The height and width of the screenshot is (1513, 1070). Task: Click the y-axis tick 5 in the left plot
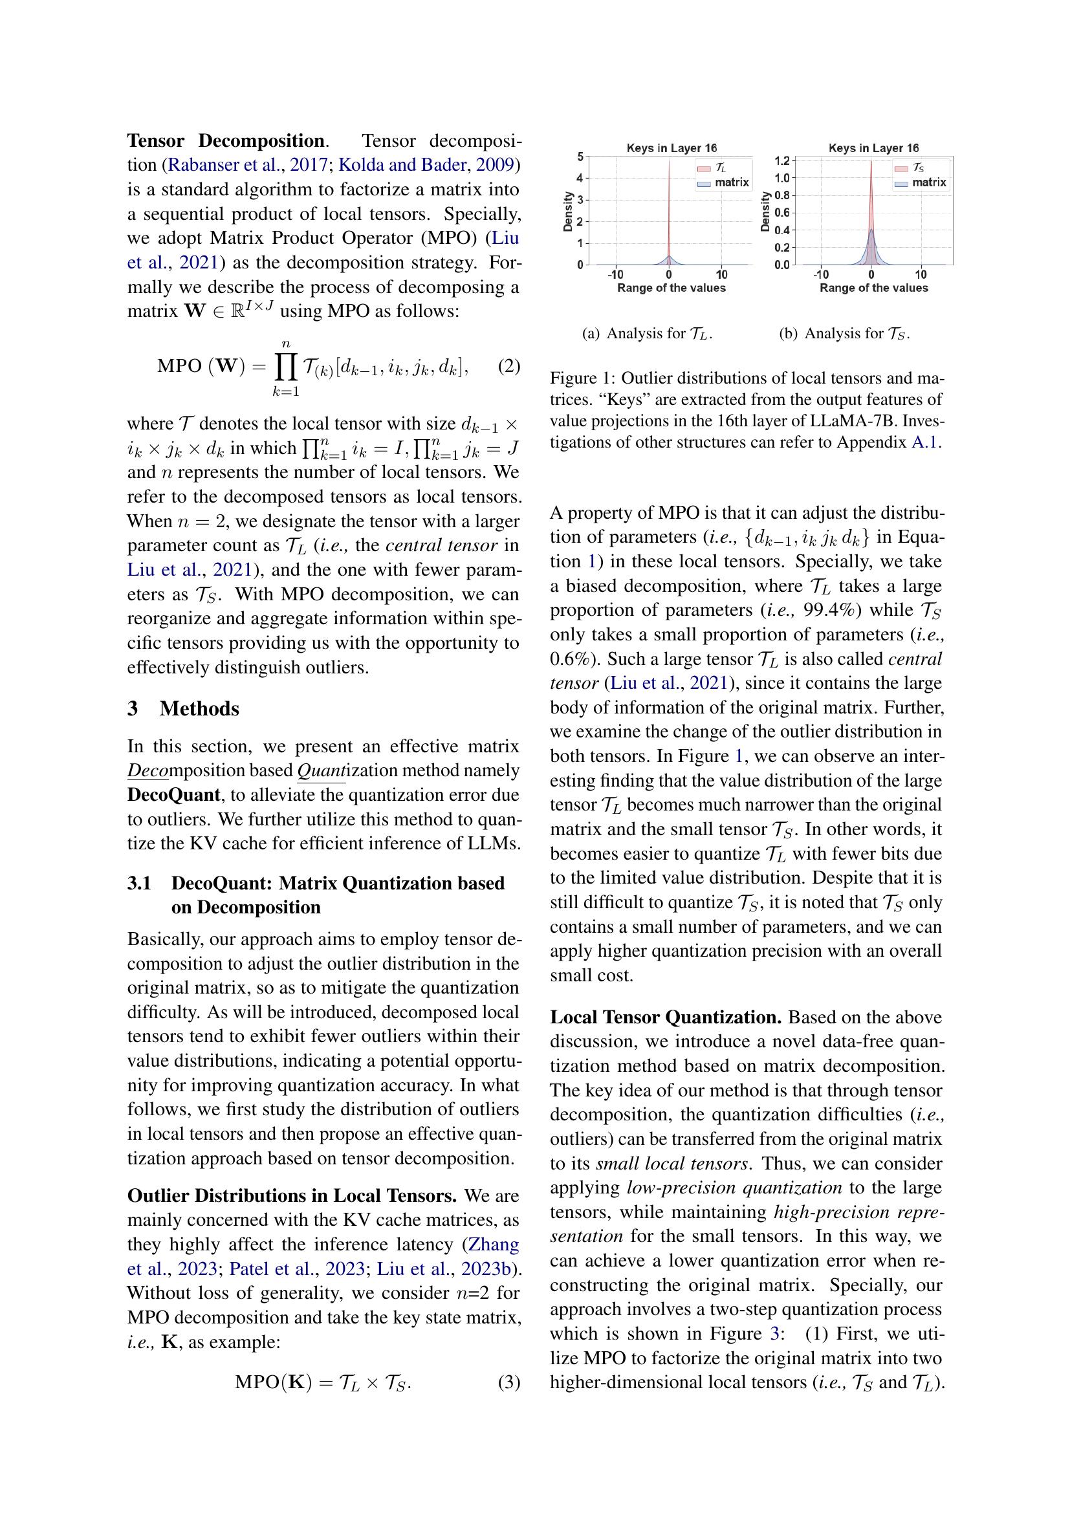tap(580, 157)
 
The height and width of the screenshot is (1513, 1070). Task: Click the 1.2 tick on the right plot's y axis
tap(782, 160)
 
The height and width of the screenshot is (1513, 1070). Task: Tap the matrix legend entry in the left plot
tap(732, 182)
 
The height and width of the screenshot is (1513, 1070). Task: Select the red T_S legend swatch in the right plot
tap(901, 169)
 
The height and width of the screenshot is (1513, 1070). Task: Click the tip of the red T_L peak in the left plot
tap(669, 160)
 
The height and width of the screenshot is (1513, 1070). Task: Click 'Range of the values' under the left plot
tap(671, 288)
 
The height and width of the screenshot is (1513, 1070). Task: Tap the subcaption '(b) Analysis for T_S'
tap(844, 333)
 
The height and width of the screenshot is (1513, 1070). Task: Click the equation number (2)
tap(508, 366)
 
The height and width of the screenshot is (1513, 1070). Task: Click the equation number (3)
tap(508, 1382)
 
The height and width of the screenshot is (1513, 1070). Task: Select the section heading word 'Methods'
tap(199, 709)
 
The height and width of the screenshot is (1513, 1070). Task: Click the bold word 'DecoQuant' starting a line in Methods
tap(173, 796)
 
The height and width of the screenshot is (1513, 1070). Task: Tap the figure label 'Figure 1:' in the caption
tap(582, 378)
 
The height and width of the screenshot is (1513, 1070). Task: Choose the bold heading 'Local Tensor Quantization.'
tap(666, 1018)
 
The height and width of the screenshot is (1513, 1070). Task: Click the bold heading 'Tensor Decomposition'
tap(225, 141)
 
